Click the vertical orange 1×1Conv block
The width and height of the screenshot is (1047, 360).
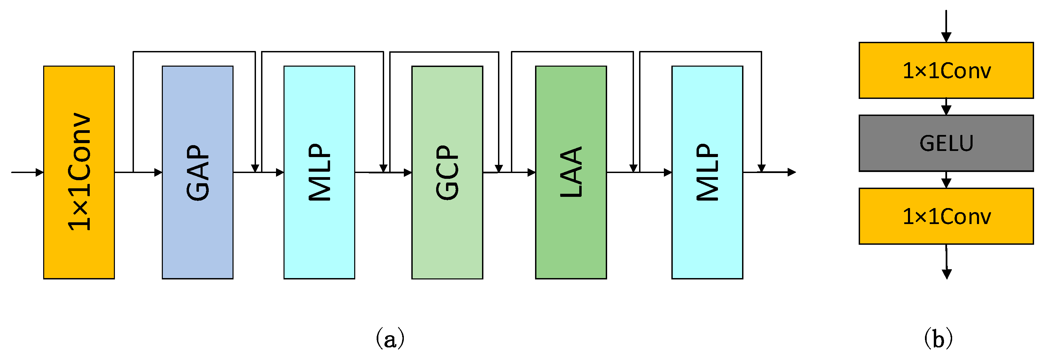79,172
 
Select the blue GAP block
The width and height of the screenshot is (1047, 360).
198,172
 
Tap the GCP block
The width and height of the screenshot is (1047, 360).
447,172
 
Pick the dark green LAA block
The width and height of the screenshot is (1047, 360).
571,172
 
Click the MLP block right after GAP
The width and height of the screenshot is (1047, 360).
319,172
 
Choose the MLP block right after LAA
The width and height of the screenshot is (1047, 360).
707,172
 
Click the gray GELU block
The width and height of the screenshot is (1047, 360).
946,143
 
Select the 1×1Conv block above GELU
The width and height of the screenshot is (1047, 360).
946,70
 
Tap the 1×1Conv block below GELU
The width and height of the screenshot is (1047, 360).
946,216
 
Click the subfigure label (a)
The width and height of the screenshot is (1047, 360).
390,339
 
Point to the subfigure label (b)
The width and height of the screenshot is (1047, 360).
938,339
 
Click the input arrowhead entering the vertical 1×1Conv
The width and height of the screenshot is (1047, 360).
40,172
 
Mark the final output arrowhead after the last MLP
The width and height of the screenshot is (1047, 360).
791,172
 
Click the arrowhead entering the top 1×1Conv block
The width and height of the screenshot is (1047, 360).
946,37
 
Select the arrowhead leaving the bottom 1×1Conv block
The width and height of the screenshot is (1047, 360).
947,274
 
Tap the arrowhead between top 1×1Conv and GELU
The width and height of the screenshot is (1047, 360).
946,110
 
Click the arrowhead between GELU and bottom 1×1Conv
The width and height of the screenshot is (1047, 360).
946,184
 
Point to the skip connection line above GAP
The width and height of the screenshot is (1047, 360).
194,52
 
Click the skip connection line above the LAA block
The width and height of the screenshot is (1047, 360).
572,52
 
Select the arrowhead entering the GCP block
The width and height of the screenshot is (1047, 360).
408,173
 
